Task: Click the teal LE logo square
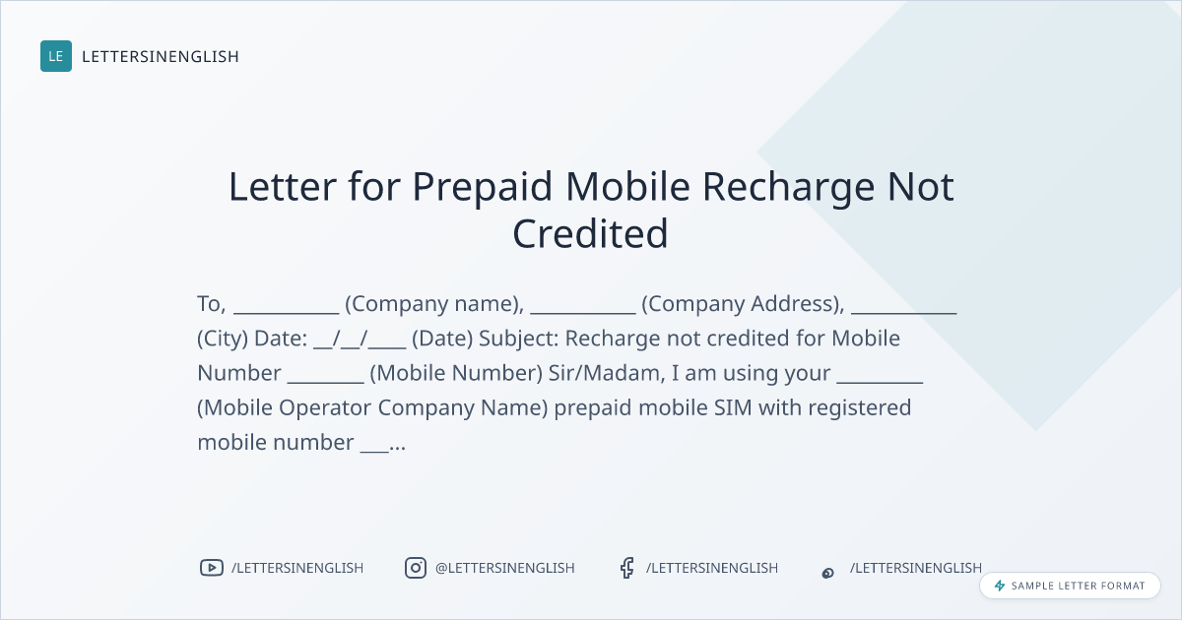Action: [56, 56]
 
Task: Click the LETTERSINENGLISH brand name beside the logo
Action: [161, 56]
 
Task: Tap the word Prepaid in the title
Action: [482, 188]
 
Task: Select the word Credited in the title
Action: [590, 233]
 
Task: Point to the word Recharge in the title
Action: [788, 188]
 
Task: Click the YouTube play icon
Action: [212, 568]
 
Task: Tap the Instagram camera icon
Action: [416, 568]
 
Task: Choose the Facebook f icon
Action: [626, 568]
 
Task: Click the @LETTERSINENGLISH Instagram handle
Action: [505, 568]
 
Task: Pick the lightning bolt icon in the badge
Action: [1000, 586]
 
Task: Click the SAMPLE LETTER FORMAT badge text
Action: [1078, 586]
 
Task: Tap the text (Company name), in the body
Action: [434, 304]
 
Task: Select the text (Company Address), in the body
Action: [743, 304]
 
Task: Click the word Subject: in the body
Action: [519, 339]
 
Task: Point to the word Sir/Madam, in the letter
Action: [607, 373]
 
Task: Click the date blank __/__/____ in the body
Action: [360, 339]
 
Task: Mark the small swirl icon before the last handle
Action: [828, 573]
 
